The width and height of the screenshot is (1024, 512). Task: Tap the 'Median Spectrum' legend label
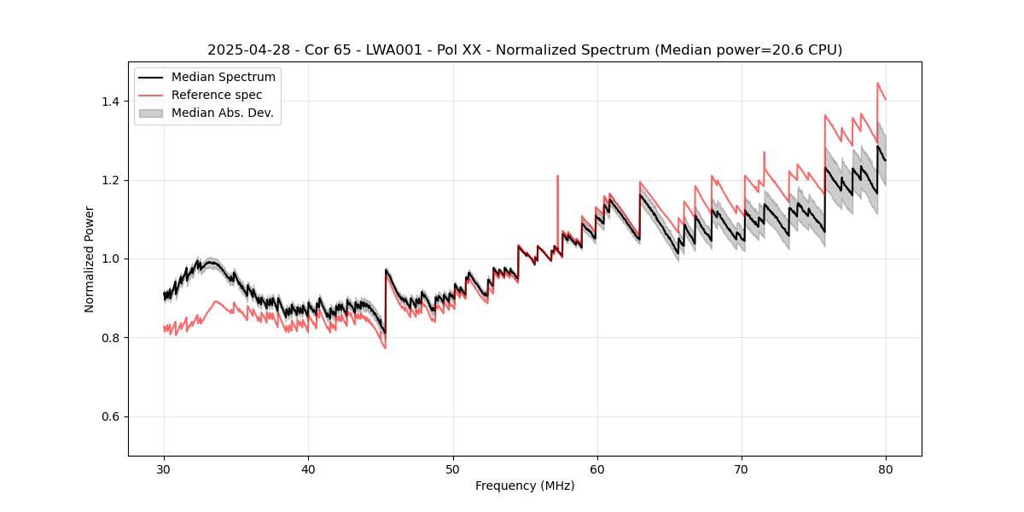click(x=223, y=77)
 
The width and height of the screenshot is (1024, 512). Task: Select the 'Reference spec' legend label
click(x=217, y=95)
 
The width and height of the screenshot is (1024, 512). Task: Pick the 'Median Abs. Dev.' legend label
click(x=222, y=113)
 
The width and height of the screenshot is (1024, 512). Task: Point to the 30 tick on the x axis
click(x=164, y=468)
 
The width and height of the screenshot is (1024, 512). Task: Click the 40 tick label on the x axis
click(x=308, y=468)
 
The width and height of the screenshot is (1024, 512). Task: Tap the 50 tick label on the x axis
click(x=452, y=468)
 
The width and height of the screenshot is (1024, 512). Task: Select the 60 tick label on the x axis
click(x=597, y=468)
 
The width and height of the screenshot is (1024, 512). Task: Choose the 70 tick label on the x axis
click(x=742, y=468)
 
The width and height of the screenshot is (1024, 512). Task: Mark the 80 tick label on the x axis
click(x=886, y=468)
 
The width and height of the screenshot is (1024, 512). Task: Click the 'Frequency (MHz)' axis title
click(x=525, y=486)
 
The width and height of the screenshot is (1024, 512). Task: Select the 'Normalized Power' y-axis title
click(x=90, y=259)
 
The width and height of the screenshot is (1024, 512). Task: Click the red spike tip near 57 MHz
click(x=557, y=176)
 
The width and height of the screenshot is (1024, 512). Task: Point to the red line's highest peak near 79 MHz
click(x=877, y=83)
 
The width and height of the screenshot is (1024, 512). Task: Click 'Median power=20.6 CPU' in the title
click(x=748, y=50)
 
